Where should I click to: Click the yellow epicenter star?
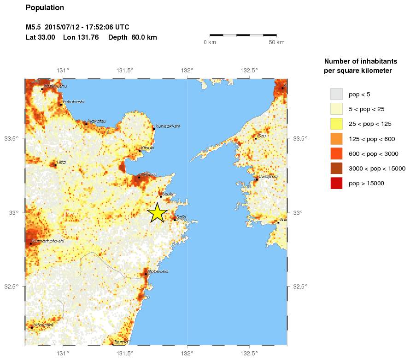coord(157,212)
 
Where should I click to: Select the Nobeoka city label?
coord(158,271)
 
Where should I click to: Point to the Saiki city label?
coord(181,217)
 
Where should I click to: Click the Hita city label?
coord(61,162)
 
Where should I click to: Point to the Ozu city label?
coord(262,136)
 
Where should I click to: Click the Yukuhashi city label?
coord(73,102)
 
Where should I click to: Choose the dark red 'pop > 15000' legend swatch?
coord(336,183)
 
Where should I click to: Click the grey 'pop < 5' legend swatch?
coord(336,94)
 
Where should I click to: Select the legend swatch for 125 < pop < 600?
coord(336,139)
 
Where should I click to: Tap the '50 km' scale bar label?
coord(277,42)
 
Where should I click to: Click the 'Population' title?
coord(45,8)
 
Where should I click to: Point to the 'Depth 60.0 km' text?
coord(133,37)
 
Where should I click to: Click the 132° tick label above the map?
coord(187,71)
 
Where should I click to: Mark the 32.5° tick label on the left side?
coord(11,286)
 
